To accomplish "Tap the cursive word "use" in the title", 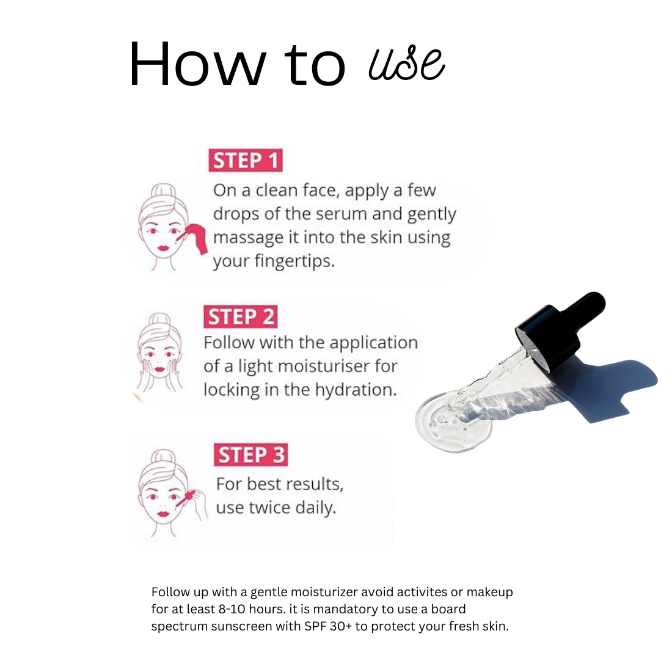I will coord(406,64).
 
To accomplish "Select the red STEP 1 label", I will coord(246,161).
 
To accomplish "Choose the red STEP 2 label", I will coord(240,317).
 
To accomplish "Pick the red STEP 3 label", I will coord(250,455).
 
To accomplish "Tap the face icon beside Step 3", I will coord(163,492).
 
